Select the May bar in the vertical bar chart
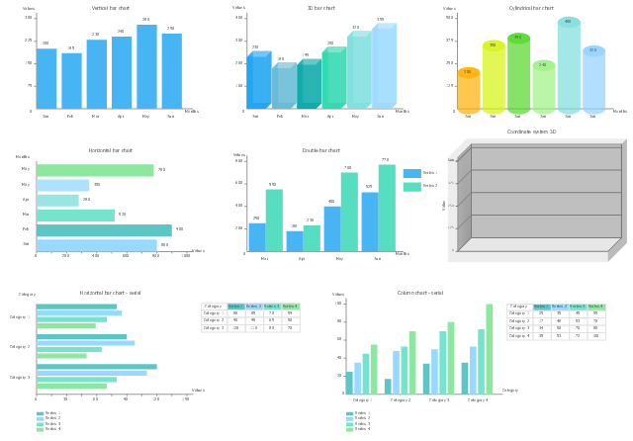[146, 66]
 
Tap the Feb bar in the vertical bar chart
[71, 80]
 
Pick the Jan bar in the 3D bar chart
[259, 80]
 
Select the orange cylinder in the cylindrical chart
[468, 91]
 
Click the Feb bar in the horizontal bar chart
[103, 229]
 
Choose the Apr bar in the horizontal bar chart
[57, 200]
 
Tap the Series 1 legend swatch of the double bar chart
[411, 173]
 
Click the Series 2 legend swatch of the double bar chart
[411, 186]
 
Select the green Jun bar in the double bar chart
[387, 208]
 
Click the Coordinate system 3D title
[531, 132]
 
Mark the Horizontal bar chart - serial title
[110, 293]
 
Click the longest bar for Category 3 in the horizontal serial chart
[96, 367]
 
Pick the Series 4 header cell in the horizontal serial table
[290, 307]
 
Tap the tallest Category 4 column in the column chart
[489, 349]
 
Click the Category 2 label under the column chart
[401, 400]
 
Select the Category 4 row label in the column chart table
[519, 336]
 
